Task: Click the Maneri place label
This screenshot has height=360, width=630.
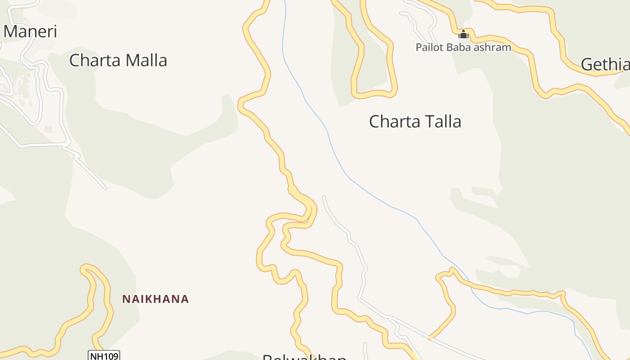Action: point(31,31)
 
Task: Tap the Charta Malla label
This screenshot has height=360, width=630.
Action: point(118,60)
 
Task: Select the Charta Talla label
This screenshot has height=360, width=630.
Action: point(415,121)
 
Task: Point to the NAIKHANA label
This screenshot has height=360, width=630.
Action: point(155,299)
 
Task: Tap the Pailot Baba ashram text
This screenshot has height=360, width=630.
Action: point(463,47)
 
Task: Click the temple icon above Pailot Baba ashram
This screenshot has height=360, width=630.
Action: point(463,34)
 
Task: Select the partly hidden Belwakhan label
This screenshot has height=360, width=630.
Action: point(304,357)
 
